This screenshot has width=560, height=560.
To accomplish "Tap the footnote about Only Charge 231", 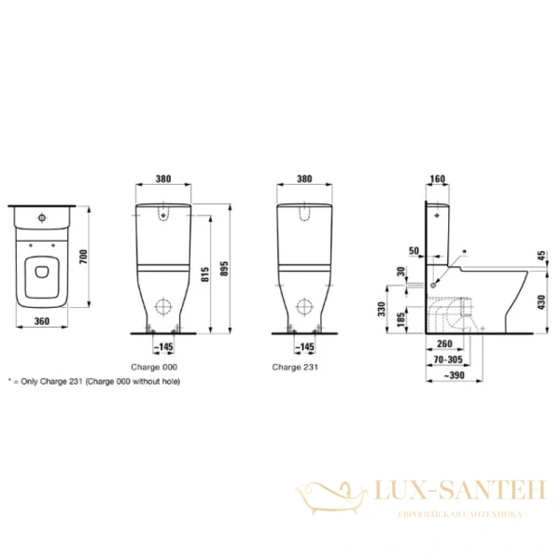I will point(93,382).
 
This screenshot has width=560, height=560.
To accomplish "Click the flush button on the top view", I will point(43,217).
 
